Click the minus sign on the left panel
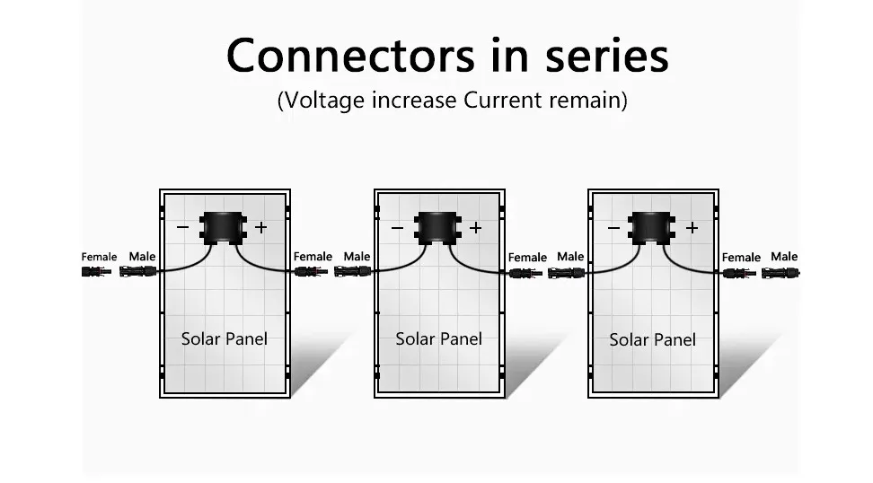183,228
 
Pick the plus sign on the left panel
260,228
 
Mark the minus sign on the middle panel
398,228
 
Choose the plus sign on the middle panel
475,228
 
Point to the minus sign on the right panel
613,228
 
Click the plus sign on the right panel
692,228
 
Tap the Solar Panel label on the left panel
224,339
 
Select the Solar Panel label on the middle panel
438,339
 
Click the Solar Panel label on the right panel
652,340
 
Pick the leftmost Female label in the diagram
99,258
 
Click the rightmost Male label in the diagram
783,257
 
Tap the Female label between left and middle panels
313,257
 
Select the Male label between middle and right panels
569,257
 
